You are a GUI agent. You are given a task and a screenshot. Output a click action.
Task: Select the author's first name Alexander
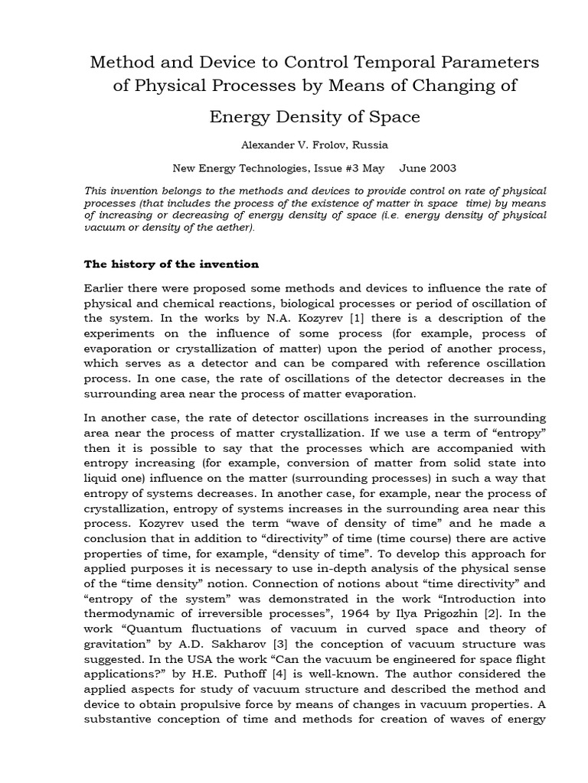(x=250, y=145)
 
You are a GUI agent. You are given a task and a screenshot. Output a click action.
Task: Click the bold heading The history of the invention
(x=171, y=265)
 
